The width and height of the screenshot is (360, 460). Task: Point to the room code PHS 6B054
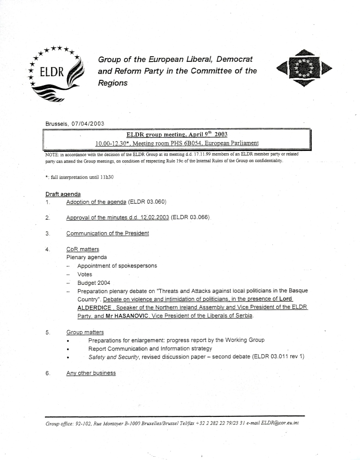click(x=177, y=143)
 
